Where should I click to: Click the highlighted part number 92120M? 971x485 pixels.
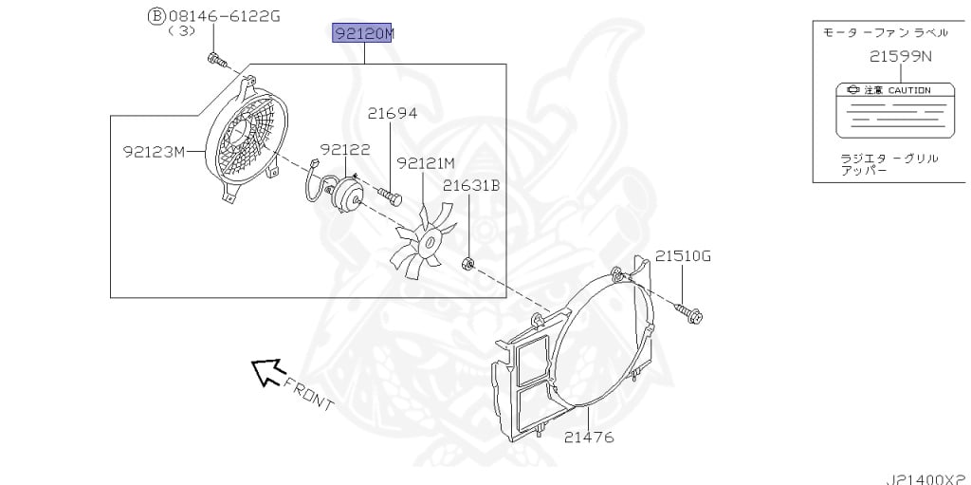[363, 33]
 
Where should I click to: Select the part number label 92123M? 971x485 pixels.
[155, 151]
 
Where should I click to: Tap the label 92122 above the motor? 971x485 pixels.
[345, 149]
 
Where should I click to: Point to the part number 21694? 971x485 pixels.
[393, 114]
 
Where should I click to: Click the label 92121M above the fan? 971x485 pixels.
[426, 163]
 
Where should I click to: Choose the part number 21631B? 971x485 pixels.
[470, 186]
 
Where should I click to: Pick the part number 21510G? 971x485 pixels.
[683, 255]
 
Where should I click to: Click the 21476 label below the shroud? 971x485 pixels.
[589, 438]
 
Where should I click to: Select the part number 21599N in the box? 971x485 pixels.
[901, 56]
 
